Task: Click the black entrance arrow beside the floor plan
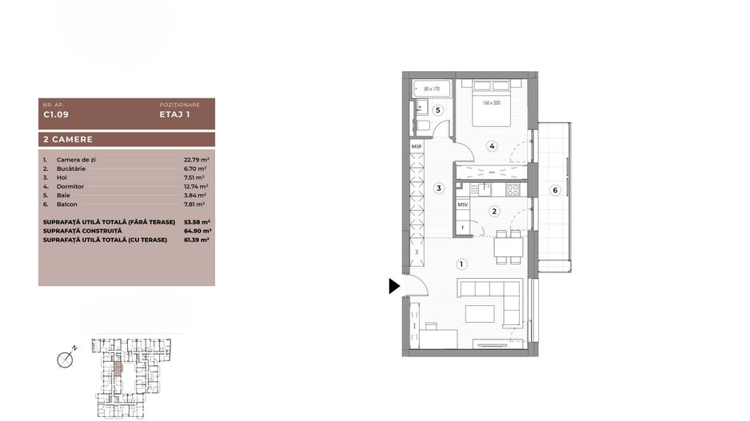click(x=394, y=286)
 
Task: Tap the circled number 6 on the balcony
click(x=555, y=189)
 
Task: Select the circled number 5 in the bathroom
click(x=438, y=109)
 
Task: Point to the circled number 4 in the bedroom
click(x=492, y=145)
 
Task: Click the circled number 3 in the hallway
click(x=438, y=189)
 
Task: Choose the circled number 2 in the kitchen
click(x=495, y=212)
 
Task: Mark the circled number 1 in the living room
click(x=461, y=264)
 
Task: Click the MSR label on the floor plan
click(x=417, y=148)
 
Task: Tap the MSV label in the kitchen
click(x=462, y=205)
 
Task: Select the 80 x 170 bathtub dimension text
click(x=433, y=88)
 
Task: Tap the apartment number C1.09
click(x=55, y=114)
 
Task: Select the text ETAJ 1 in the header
click(x=174, y=114)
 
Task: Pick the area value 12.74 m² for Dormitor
click(x=196, y=186)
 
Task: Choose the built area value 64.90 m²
click(x=197, y=230)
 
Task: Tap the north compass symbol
click(x=66, y=359)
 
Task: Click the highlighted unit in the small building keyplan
click(x=118, y=369)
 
